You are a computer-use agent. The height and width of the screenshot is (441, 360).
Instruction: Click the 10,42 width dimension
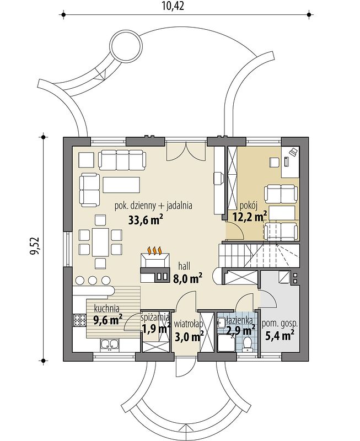173,6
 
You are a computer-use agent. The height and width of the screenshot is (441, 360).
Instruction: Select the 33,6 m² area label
146,219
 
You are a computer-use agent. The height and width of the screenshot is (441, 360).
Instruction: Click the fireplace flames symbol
155,250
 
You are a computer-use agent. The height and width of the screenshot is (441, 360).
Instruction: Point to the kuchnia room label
106,308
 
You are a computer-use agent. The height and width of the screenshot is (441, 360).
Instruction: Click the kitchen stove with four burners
79,320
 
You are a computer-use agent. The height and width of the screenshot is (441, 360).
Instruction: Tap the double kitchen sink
109,345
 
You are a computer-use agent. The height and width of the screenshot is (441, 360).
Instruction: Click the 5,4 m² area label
280,335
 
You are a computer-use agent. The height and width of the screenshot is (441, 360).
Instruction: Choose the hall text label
184,266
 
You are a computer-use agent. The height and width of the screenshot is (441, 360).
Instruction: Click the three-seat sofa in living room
122,160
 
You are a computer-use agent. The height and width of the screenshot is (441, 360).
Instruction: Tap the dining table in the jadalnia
100,242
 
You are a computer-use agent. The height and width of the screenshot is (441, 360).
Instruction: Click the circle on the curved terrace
125,45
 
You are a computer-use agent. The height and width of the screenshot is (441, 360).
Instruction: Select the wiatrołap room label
188,324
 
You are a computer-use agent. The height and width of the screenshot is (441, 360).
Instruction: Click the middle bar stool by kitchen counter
93,280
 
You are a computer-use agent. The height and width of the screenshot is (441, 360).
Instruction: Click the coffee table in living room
121,185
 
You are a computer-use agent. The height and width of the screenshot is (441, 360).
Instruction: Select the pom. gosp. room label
280,324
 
